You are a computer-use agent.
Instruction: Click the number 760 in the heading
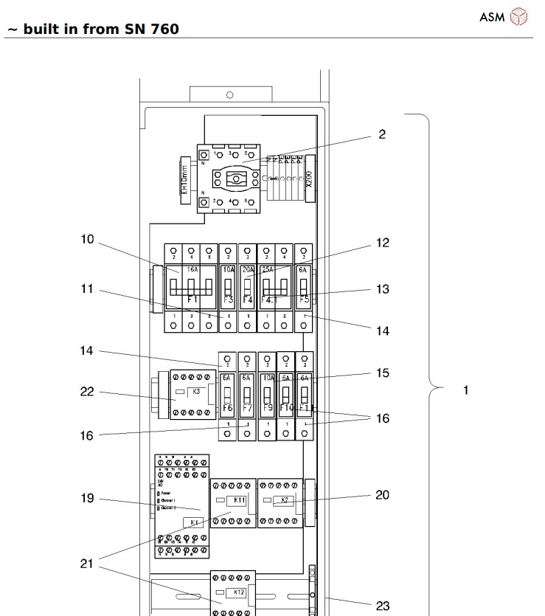pos(162,30)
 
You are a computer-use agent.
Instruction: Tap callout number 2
pos(381,135)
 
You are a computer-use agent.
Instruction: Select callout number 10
pos(88,240)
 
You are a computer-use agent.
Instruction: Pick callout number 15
pos(381,373)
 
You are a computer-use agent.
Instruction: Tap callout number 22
pos(88,392)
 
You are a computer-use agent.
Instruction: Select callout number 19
pos(88,498)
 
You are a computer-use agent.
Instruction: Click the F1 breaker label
pos(192,300)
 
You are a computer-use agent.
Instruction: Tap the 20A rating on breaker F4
pos(247,271)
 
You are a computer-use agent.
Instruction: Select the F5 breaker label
pos(302,301)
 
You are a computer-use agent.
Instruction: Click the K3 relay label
pos(196,392)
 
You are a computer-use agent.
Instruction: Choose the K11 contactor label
pos(239,500)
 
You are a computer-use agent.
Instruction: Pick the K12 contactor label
pos(239,592)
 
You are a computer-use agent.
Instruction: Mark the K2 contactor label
pos(285,500)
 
